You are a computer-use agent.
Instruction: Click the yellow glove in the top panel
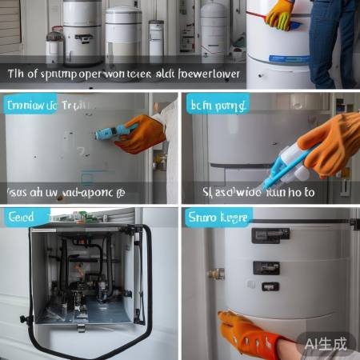[x=280, y=14]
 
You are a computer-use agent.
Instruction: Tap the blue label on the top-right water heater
[x=289, y=58]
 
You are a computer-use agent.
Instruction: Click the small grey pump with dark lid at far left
[x=54, y=48]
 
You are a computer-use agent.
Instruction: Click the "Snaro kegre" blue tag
[x=218, y=217]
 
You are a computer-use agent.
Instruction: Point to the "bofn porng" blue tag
[x=217, y=104]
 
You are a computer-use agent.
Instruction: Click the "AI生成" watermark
[x=326, y=343]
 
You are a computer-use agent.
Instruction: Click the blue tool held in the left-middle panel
[x=111, y=131]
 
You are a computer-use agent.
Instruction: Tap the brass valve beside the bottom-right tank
[x=215, y=274]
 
